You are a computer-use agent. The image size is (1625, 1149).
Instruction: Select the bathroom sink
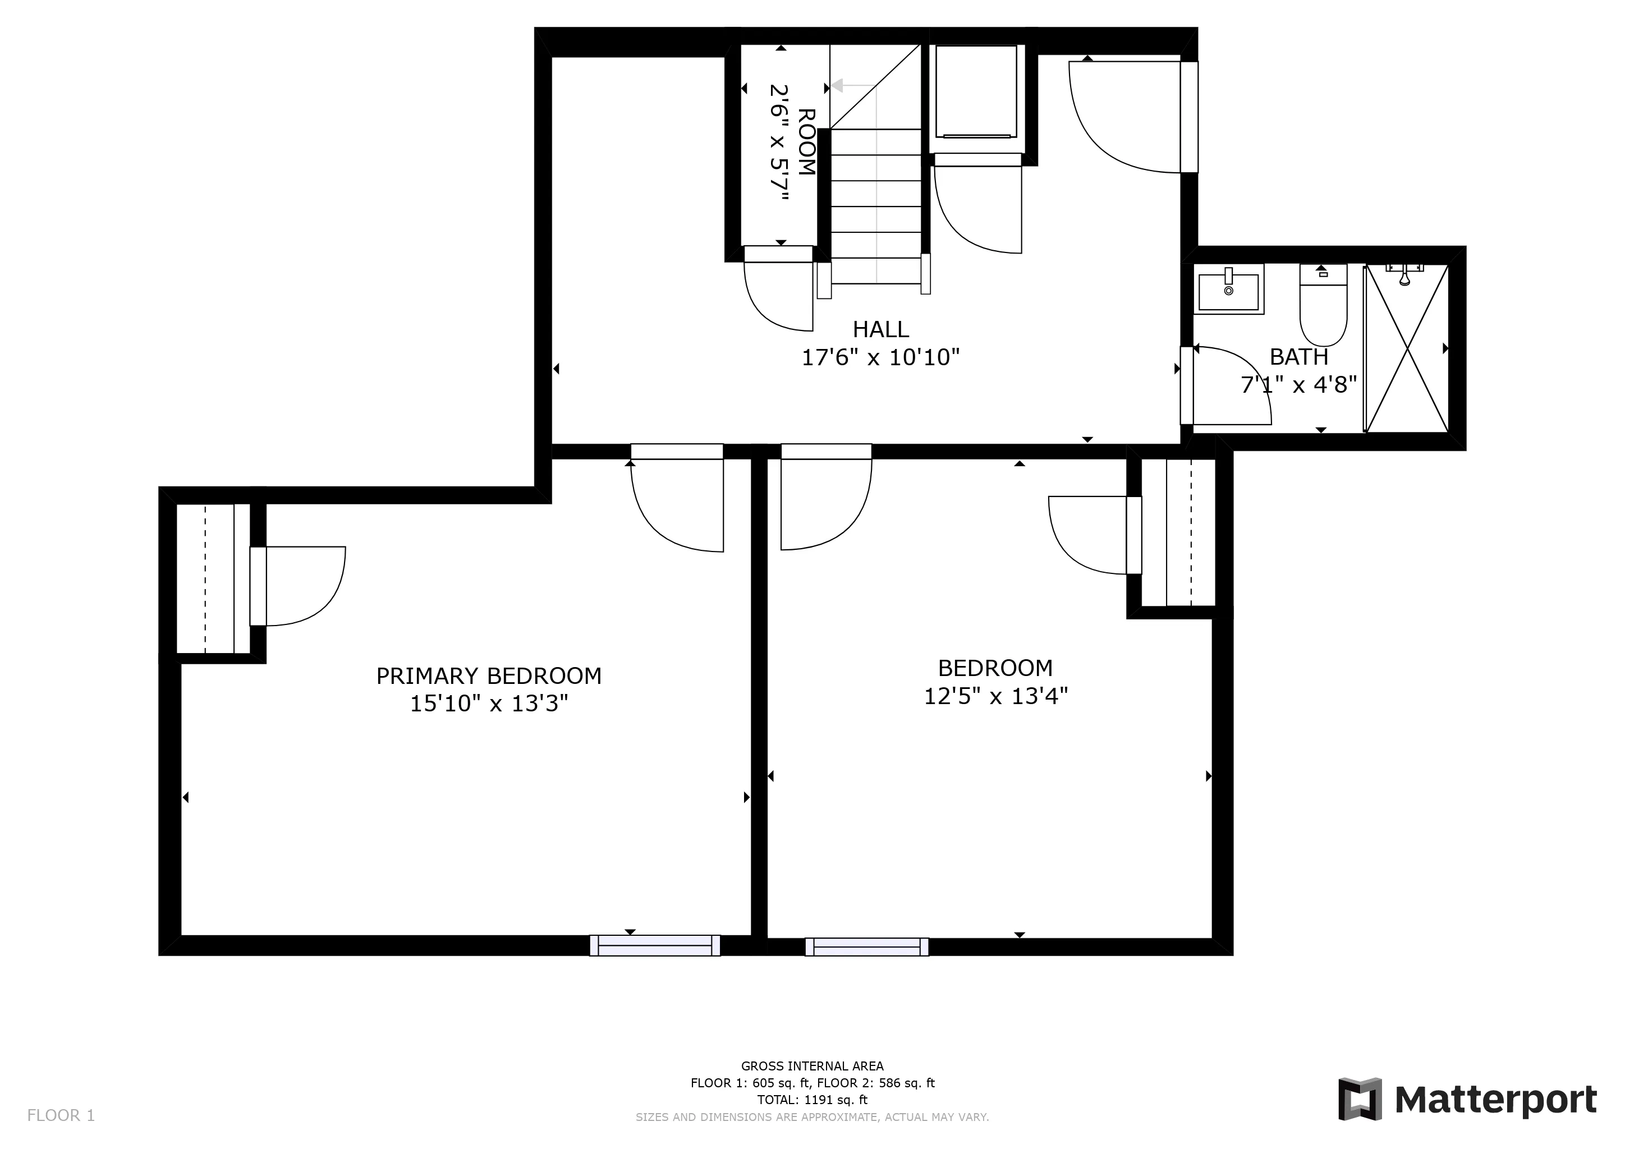click(x=1229, y=289)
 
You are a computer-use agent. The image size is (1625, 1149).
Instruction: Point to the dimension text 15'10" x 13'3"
click(x=489, y=704)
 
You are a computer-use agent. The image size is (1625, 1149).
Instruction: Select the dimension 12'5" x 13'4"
click(x=995, y=697)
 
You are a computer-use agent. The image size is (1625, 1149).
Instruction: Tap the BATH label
click(x=1299, y=357)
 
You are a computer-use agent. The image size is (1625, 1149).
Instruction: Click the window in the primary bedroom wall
click(x=655, y=945)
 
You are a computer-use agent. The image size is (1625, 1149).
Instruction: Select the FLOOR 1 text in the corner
click(x=61, y=1116)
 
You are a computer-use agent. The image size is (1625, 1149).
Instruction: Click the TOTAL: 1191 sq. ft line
click(x=812, y=1100)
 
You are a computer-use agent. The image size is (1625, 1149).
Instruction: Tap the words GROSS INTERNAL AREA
click(x=812, y=1066)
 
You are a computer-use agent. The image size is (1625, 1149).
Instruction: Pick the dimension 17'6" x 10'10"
click(x=880, y=358)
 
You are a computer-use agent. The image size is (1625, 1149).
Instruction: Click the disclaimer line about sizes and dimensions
click(x=812, y=1117)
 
